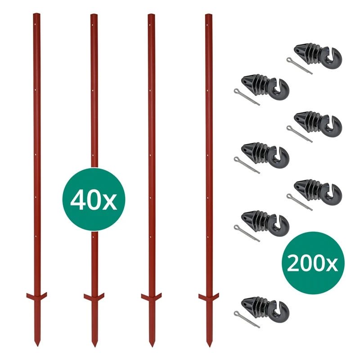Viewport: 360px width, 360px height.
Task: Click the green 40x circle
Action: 93,199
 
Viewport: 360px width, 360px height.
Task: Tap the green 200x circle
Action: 312,262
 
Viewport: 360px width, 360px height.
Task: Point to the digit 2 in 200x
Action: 293,263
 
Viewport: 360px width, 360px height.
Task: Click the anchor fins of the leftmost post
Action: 36,297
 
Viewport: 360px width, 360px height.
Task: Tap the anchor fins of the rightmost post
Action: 209,297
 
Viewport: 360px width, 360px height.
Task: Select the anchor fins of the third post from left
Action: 151,297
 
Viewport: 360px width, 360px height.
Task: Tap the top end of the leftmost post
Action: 36,15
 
